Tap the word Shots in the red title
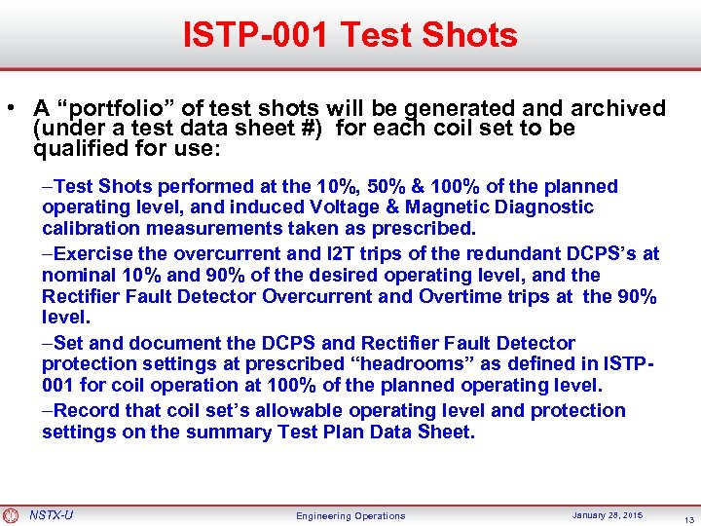click(472, 35)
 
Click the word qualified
click(78, 149)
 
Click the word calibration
click(89, 229)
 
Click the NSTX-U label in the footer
click(51, 514)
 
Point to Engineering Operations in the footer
click(350, 515)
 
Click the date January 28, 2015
click(607, 514)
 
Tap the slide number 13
click(688, 517)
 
